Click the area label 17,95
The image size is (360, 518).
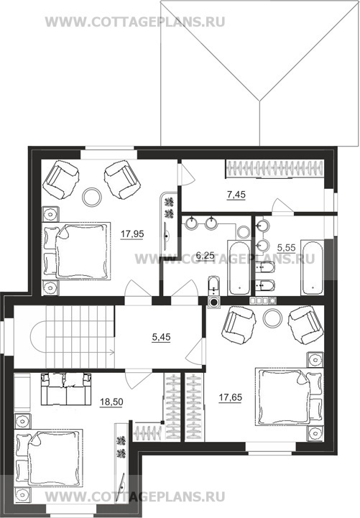pos(132,234)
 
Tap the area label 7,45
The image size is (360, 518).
pos(236,195)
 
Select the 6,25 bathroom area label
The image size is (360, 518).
pos(205,255)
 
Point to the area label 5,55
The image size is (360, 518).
pos(286,248)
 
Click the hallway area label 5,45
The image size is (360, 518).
pos(161,337)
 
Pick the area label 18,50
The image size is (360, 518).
pos(111,402)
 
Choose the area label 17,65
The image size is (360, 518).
pos(230,398)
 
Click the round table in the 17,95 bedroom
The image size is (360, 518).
pos(92,198)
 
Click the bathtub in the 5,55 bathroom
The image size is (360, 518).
pos(312,268)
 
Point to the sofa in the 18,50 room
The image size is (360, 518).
pos(66,389)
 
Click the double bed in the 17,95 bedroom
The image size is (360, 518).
pos(76,251)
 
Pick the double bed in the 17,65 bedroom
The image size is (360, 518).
pos(290,397)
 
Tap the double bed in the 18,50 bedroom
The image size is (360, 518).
pos(49,458)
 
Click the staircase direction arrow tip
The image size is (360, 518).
pos(114,353)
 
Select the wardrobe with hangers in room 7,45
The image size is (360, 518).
pos(274,169)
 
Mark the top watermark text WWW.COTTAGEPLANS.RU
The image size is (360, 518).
pos(135,22)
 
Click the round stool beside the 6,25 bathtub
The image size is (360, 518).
pos(244,232)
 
